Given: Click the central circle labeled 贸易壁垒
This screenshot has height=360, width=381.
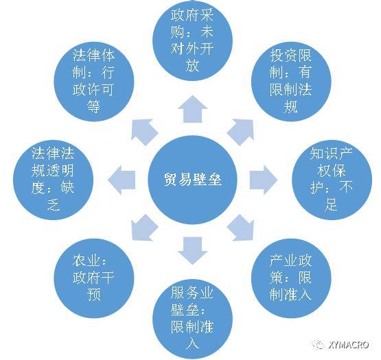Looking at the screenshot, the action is [x=192, y=180].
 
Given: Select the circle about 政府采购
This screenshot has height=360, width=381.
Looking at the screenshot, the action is [x=192, y=40].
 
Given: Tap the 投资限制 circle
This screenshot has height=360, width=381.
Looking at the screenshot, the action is [x=291, y=82].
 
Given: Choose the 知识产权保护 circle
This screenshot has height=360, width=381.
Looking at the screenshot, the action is [x=332, y=180].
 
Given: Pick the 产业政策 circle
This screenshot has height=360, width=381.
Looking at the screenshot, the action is [x=291, y=278].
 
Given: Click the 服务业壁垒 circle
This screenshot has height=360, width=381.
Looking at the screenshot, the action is [x=192, y=319].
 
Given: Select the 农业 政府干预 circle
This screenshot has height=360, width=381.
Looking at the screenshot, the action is [x=94, y=278].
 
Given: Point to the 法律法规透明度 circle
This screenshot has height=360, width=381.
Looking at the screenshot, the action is [x=54, y=180].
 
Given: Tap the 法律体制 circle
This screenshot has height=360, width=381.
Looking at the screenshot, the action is [x=94, y=82].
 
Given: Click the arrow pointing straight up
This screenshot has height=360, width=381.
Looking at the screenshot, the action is [x=192, y=109].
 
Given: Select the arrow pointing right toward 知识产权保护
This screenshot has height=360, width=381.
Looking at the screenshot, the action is [x=264, y=180].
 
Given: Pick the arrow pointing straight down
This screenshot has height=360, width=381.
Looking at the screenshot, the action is [x=192, y=251].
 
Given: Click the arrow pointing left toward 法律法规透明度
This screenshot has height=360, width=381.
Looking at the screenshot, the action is [x=122, y=180].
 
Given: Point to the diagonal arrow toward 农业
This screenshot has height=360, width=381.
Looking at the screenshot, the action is [x=143, y=228].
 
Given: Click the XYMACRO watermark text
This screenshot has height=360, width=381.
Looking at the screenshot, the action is [x=349, y=345].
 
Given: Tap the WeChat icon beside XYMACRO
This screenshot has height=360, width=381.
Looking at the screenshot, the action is [x=319, y=345].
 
